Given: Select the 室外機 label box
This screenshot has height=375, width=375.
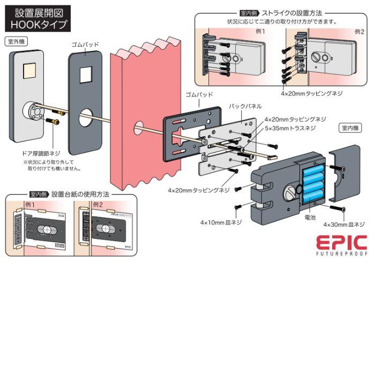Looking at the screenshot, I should [18, 41].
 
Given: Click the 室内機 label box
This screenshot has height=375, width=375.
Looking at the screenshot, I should [351, 128].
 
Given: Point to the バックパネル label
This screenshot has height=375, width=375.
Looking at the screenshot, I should [244, 106].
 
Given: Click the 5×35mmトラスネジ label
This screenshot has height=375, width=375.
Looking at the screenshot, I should [289, 129].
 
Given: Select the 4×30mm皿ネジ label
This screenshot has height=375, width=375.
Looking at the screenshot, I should [344, 224].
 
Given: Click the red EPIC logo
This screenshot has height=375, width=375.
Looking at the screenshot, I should [340, 242].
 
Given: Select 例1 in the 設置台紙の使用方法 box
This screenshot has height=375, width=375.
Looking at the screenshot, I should [29, 205].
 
